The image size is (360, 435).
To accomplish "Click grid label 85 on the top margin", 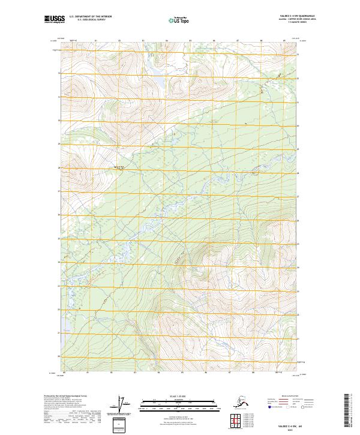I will tap(190, 41).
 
